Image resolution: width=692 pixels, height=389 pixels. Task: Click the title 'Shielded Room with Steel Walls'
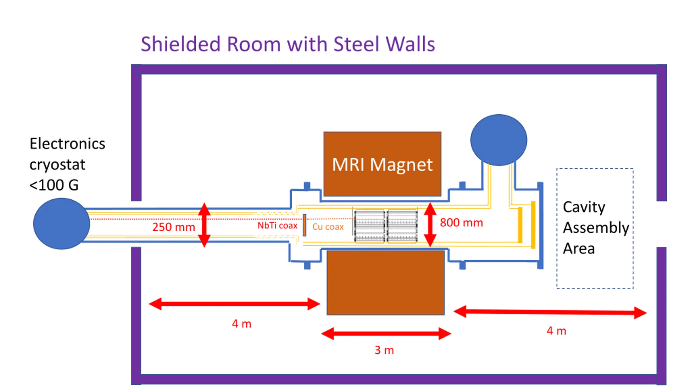[x=288, y=44]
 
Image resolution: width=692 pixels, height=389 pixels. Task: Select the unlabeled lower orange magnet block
[x=385, y=283]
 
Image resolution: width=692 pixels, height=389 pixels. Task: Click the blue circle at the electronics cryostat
[x=62, y=224]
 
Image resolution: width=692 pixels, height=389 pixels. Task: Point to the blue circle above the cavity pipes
[x=499, y=140]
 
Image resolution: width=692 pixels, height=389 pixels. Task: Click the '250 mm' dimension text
[x=174, y=227]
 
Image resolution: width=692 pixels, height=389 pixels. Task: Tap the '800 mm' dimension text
[x=461, y=223]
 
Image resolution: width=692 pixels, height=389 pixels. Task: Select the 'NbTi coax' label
[x=277, y=225]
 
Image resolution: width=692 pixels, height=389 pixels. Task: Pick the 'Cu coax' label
[x=328, y=226]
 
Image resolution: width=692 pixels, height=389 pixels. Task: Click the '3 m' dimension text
[x=384, y=350]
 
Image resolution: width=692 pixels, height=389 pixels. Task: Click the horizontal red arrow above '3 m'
[x=386, y=333]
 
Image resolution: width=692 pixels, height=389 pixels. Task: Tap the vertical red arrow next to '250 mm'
[x=204, y=225]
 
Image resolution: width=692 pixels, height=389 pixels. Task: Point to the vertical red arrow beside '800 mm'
[x=430, y=224]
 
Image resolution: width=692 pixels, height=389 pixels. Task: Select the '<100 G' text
[x=54, y=185]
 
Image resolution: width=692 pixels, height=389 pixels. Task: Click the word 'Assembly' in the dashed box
[x=596, y=228]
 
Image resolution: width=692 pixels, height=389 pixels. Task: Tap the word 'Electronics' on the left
[x=67, y=143]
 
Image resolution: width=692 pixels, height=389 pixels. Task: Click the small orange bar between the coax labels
[x=304, y=225]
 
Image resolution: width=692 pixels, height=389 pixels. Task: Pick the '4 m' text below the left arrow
[x=241, y=324]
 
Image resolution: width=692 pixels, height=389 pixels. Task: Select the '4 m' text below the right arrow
[x=556, y=331]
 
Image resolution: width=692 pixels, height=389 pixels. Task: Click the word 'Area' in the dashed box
[x=579, y=249]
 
